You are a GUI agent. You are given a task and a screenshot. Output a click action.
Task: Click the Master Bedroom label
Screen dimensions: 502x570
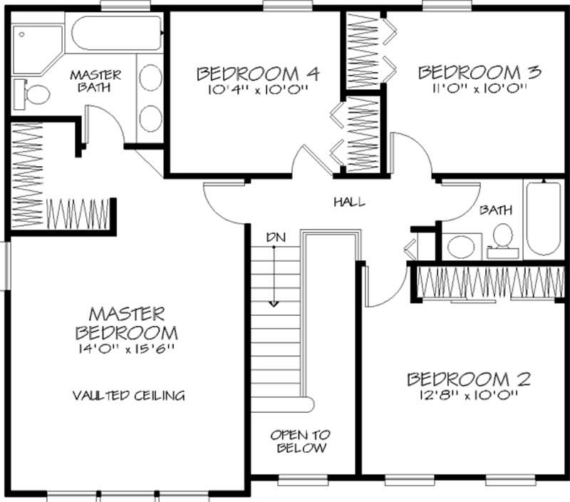point(127,322)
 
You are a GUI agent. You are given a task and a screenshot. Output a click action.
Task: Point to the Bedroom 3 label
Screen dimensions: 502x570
point(480,72)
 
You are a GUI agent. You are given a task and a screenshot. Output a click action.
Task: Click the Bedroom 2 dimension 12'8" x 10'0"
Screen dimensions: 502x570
point(468,395)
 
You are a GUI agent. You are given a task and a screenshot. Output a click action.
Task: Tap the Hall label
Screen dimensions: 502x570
point(349,202)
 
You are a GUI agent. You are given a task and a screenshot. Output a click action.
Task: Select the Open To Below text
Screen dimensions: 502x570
point(300,441)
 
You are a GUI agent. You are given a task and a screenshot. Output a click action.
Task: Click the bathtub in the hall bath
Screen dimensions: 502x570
point(544,220)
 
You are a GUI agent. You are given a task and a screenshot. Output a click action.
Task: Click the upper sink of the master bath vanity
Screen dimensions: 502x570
point(150,77)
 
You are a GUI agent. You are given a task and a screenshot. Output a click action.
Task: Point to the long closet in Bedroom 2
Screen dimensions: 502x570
point(489,282)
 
